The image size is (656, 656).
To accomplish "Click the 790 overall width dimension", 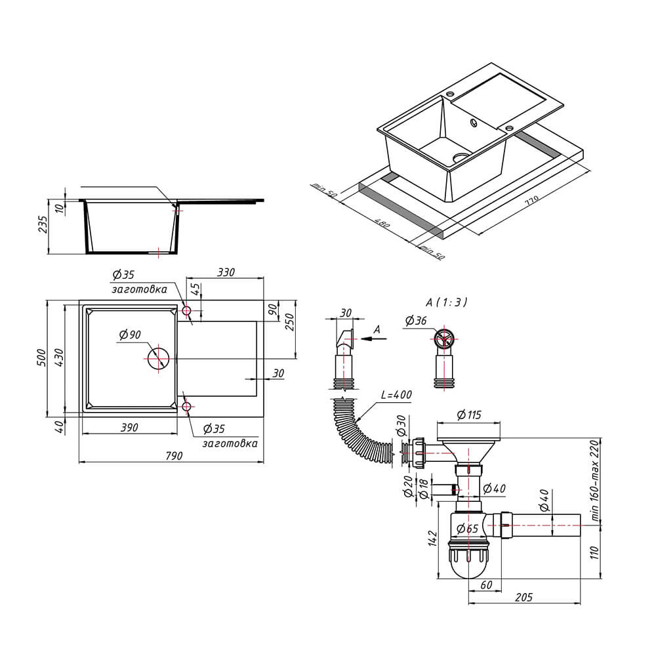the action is [174, 456].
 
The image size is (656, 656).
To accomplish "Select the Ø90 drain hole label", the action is [130, 335].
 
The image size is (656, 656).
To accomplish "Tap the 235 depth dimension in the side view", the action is [43, 224].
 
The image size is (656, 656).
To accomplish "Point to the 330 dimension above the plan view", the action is [226, 272].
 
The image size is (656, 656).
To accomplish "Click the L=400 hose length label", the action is [396, 394].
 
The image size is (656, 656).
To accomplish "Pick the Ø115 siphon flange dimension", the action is [469, 415].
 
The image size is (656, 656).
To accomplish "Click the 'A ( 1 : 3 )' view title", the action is [446, 302].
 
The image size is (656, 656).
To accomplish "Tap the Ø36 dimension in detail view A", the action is [416, 321].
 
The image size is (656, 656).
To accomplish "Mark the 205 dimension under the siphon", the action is [523, 597].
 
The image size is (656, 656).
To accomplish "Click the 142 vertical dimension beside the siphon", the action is [432, 539].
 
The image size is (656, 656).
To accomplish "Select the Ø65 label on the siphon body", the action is [467, 528].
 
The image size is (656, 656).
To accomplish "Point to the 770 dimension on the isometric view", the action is [532, 200].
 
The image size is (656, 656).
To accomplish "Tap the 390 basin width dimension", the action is [129, 428].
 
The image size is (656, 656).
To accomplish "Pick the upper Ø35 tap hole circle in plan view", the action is [186, 311].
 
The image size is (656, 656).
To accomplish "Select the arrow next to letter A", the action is [374, 339].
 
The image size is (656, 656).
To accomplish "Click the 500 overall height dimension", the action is [42, 358].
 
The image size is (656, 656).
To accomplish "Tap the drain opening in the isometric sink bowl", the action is [461, 157].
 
